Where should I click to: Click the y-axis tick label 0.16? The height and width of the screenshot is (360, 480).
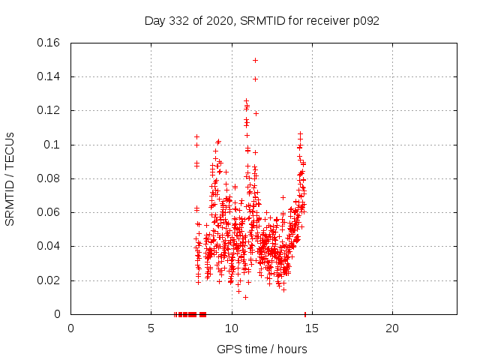50,43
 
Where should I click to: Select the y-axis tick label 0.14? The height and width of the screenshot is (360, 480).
50,76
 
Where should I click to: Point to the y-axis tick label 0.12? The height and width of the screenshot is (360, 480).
50,110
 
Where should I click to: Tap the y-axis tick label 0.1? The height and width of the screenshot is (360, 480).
53,145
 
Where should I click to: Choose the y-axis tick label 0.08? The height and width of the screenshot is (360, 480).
50,178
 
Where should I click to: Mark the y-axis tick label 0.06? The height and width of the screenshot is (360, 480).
50,212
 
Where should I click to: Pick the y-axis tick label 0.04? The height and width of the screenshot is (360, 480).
50,246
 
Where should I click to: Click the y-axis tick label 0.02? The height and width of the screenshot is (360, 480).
50,280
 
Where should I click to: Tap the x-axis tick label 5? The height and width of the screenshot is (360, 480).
151,328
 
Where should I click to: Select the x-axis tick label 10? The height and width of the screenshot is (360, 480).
231,328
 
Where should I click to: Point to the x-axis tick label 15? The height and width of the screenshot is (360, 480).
311,328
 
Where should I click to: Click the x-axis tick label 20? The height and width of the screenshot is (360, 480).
391,328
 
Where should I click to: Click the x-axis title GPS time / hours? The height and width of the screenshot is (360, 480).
262,349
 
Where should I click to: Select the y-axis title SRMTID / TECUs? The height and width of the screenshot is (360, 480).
10,178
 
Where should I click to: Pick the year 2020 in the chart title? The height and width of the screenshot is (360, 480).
216,20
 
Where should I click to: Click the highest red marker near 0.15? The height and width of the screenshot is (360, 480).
255,60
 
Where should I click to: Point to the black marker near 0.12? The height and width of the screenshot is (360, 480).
256,113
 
